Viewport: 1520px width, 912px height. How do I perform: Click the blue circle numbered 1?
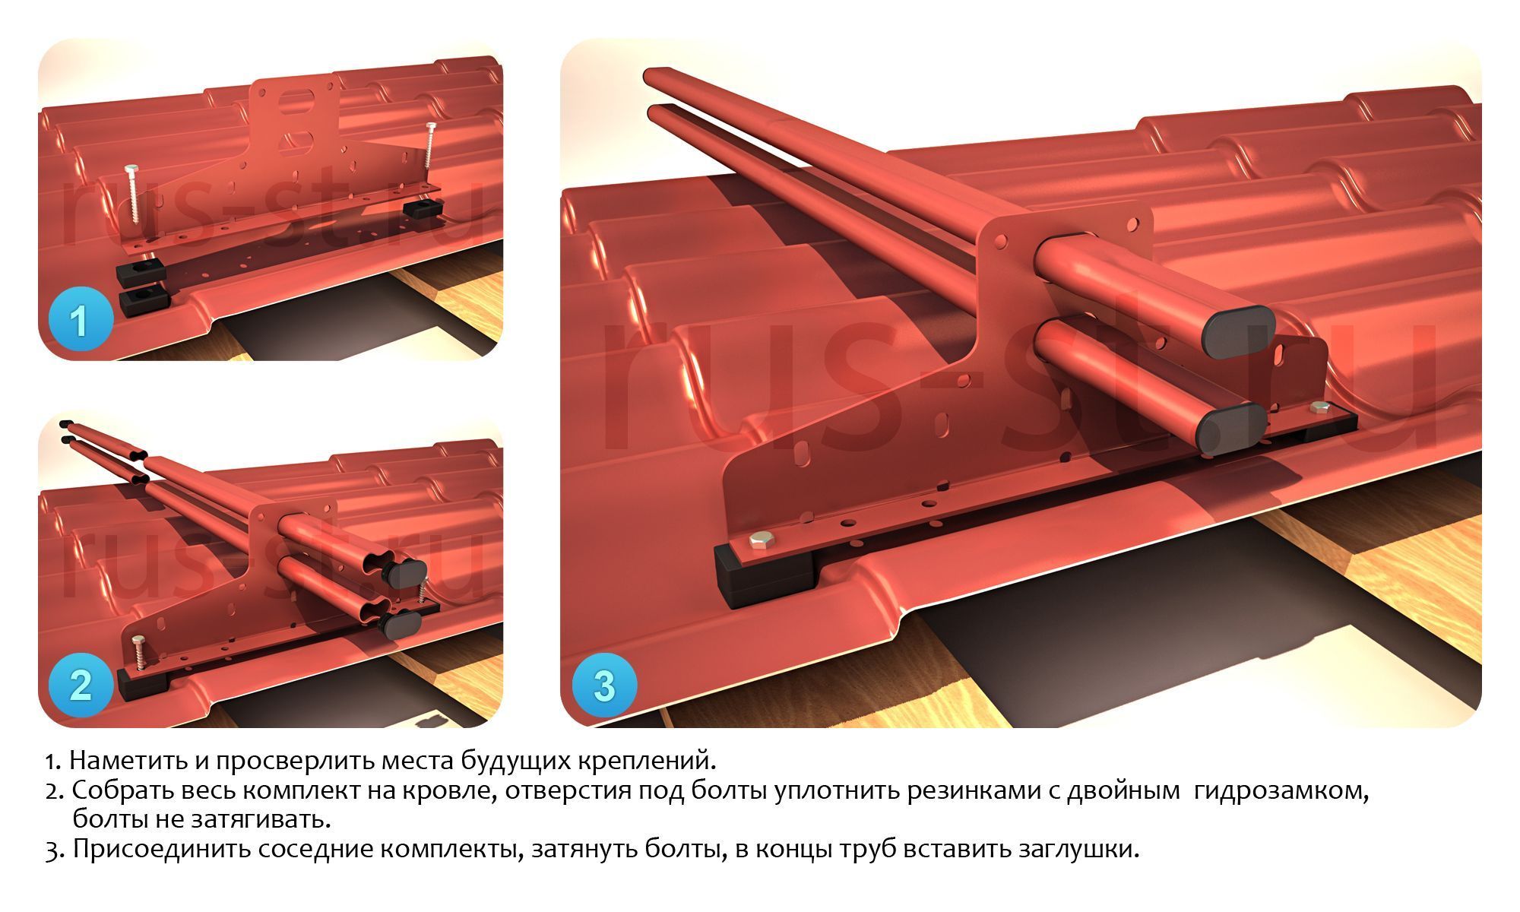click(80, 321)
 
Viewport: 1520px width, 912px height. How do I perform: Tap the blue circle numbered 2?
click(80, 686)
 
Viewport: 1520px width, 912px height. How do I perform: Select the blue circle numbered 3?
click(604, 686)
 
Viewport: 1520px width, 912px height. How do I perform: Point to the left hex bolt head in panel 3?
click(759, 540)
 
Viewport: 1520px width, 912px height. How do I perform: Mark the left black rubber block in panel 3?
click(762, 574)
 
